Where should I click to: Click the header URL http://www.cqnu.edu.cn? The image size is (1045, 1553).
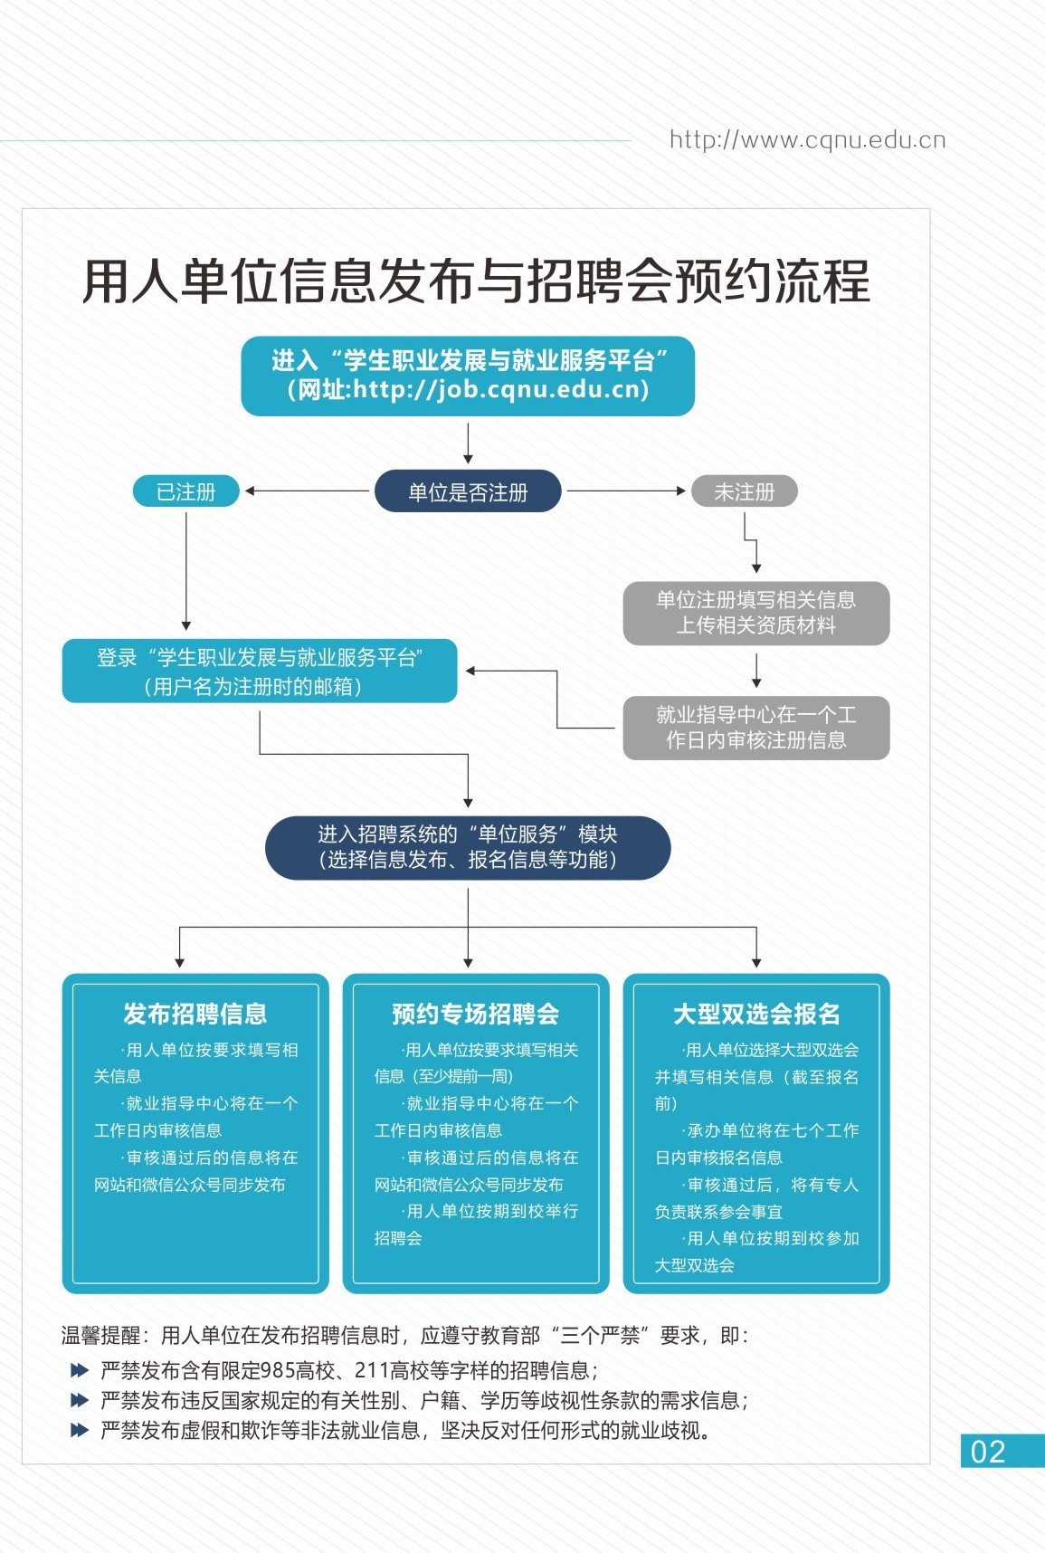[x=807, y=140]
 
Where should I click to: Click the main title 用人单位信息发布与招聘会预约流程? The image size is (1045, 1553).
[x=476, y=281]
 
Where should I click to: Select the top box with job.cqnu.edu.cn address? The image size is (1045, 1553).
[x=468, y=376]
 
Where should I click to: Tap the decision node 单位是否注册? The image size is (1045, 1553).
[x=468, y=492]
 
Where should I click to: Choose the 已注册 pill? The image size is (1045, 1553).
[x=186, y=491]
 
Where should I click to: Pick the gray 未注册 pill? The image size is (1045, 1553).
[x=744, y=491]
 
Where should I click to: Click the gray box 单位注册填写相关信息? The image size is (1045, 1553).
[x=755, y=613]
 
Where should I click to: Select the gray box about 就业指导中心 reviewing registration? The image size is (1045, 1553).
[x=755, y=728]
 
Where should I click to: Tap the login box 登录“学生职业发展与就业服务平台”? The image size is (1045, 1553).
[x=260, y=672]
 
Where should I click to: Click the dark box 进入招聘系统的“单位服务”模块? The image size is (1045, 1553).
[x=468, y=847]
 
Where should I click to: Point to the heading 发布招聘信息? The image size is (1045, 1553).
[x=195, y=1014]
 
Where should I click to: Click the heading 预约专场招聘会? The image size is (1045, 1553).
[x=475, y=1014]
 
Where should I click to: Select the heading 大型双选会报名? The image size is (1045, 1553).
[x=756, y=1014]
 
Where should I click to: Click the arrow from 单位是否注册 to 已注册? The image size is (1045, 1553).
[x=308, y=491]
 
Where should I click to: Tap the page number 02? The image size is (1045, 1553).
[x=988, y=1452]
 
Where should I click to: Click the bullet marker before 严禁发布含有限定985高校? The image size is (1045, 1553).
[x=80, y=1370]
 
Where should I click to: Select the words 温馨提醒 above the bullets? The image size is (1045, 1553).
[x=100, y=1335]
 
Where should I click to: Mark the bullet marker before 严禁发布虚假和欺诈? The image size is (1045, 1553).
[x=80, y=1430]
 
